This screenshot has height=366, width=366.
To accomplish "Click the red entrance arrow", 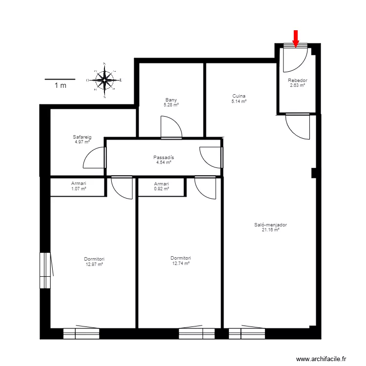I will click(x=295, y=38).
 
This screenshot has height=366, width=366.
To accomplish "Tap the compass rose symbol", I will click(x=104, y=80).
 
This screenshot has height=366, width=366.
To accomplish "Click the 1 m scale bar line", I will click(x=60, y=79).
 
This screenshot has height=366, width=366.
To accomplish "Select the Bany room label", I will click(x=171, y=100).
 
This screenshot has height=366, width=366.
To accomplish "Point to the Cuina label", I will click(x=239, y=96).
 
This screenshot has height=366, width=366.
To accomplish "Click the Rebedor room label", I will click(x=297, y=80).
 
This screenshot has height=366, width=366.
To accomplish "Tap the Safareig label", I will click(x=82, y=137).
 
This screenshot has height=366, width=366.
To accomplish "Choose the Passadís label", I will click(x=163, y=158).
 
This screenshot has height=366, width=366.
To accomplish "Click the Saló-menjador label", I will click(x=270, y=225).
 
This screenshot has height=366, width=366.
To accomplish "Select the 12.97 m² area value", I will click(x=94, y=264).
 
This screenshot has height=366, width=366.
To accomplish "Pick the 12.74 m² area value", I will click(x=181, y=263).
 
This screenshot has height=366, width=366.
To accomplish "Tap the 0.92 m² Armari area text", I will click(x=162, y=188).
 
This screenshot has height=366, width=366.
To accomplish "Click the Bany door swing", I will click(x=171, y=127).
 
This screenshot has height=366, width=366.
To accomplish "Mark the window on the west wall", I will click(x=45, y=270).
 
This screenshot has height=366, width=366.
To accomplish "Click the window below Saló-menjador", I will click(x=246, y=333).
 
